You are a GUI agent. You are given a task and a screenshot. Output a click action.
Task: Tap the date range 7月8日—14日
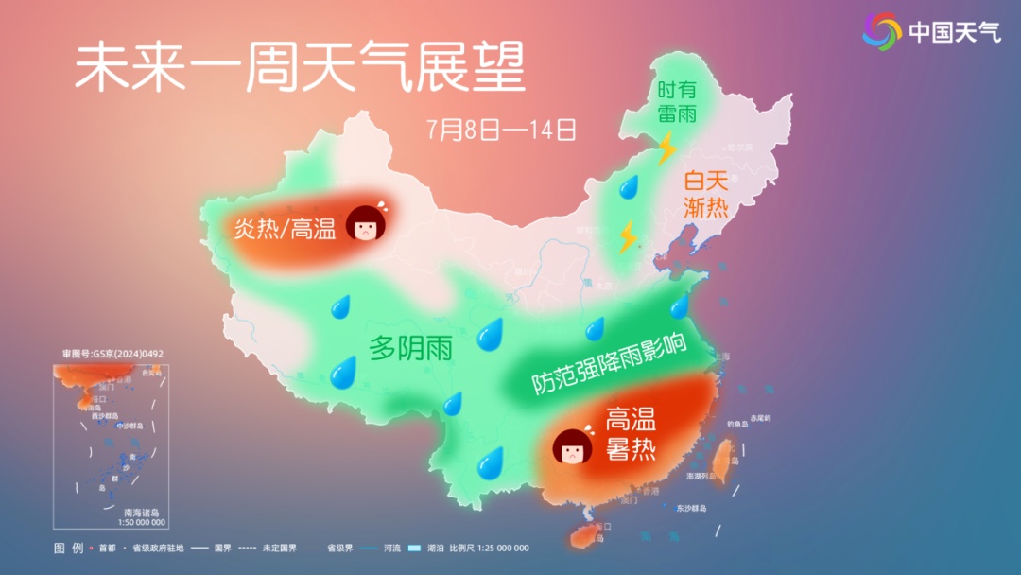pos(501,129)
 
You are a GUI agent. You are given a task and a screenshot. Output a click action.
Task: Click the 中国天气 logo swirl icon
pos(881,31)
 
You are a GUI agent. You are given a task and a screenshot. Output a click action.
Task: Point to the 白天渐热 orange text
pos(706,193)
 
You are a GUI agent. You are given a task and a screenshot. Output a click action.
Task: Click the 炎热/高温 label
pos(286,228)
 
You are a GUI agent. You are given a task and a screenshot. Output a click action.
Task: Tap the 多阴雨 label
pos(410,348)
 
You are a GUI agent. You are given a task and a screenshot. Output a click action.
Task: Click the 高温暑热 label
pos(631,433)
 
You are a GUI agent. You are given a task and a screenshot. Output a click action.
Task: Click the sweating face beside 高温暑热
pos(572,445)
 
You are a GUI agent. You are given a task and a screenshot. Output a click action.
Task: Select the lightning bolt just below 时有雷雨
pos(667,148)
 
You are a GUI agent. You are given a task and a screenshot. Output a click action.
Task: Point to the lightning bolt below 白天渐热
pos(627,236)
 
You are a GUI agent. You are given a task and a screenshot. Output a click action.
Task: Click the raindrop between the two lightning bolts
pos(629,187)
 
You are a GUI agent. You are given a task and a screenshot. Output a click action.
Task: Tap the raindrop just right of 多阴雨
pos(490,334)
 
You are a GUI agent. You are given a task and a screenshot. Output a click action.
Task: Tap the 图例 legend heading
pos(69,549)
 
